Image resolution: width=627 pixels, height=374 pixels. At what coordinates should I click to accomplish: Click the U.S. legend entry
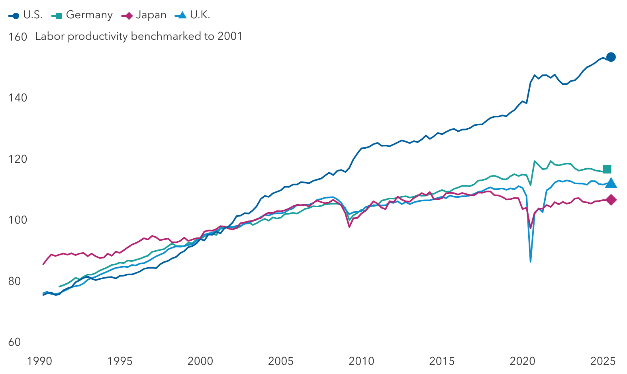pos(25,15)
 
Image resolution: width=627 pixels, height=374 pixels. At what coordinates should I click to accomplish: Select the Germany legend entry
pos(82,15)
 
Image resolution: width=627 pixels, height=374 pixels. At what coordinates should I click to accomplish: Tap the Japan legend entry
pos(144,15)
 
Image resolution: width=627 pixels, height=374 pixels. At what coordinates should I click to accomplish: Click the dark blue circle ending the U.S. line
pos(611,57)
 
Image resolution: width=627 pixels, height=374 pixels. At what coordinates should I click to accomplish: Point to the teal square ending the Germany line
pos(607,169)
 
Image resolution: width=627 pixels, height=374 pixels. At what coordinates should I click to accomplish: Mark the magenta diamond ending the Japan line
pos(611,200)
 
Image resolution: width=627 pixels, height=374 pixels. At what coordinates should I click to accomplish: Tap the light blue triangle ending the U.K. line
pos(611,183)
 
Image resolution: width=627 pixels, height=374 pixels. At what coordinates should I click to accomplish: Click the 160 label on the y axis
pos(18,37)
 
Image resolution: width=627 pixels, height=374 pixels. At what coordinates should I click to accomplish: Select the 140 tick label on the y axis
pos(18,98)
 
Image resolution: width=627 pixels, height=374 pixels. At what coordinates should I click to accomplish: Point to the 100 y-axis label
pos(18,220)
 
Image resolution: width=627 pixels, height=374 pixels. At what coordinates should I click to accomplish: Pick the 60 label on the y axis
pos(14,342)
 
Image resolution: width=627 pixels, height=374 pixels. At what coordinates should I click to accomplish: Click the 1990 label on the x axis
pos(39,361)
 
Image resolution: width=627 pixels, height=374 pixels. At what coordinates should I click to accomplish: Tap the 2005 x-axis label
pos(281,361)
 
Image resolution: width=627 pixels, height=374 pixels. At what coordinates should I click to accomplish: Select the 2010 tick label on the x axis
pos(361,361)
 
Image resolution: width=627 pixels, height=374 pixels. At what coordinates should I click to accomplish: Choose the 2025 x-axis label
pos(603,361)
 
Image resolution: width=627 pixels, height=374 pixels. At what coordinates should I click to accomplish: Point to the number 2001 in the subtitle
pos(230,36)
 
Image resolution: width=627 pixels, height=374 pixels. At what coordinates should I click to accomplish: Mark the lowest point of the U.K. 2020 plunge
pos(530,261)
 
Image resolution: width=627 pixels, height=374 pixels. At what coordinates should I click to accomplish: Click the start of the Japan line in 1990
pos(43,264)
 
